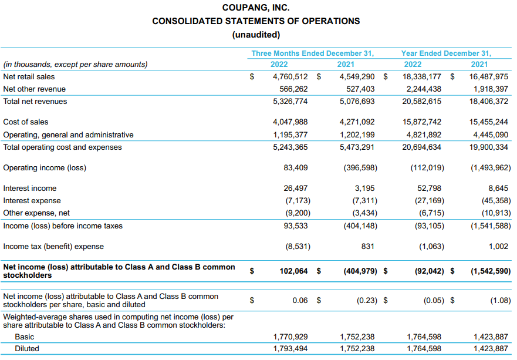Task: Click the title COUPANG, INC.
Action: click(x=256, y=8)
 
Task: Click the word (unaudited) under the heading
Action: click(x=256, y=34)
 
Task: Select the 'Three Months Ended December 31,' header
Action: click(x=313, y=53)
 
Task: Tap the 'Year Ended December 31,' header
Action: click(x=446, y=53)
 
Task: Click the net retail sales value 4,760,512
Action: click(x=290, y=76)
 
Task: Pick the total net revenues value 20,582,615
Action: click(x=422, y=102)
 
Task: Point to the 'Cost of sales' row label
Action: click(x=26, y=122)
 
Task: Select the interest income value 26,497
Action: click(x=295, y=189)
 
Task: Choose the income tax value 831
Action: click(x=367, y=247)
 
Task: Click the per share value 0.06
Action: click(x=300, y=301)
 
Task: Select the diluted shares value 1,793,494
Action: click(x=290, y=349)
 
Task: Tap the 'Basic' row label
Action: click(x=24, y=337)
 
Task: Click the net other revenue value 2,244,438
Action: click(x=422, y=89)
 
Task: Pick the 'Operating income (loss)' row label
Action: click(x=45, y=168)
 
